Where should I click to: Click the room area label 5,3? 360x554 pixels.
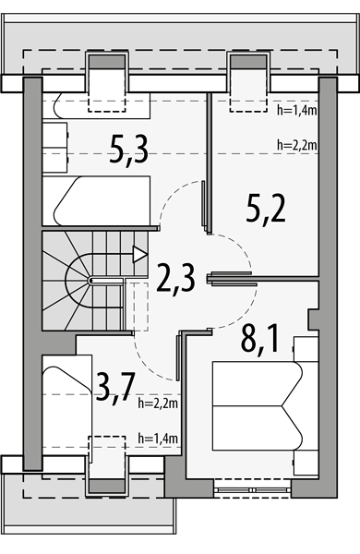tap(128, 151)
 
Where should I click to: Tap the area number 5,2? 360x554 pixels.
tap(266, 209)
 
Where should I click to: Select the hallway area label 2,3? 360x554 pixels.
tap(175, 279)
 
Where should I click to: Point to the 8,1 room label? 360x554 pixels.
tap(259, 339)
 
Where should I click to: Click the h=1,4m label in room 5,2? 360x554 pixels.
tap(297, 111)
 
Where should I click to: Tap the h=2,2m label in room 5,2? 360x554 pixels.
tap(297, 145)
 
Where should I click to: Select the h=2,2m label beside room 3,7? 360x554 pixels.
tap(158, 403)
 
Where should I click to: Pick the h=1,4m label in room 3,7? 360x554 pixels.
tap(158, 439)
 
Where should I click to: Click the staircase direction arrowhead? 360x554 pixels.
tap(139, 255)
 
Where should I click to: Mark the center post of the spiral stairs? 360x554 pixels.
tap(91, 281)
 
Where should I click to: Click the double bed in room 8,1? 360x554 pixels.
tap(258, 405)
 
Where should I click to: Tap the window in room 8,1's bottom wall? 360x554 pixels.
tap(253, 490)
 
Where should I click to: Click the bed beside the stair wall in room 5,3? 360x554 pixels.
tap(96, 200)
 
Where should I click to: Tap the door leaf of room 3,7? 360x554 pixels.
tap(178, 356)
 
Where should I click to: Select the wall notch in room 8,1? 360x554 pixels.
tap(313, 319)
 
